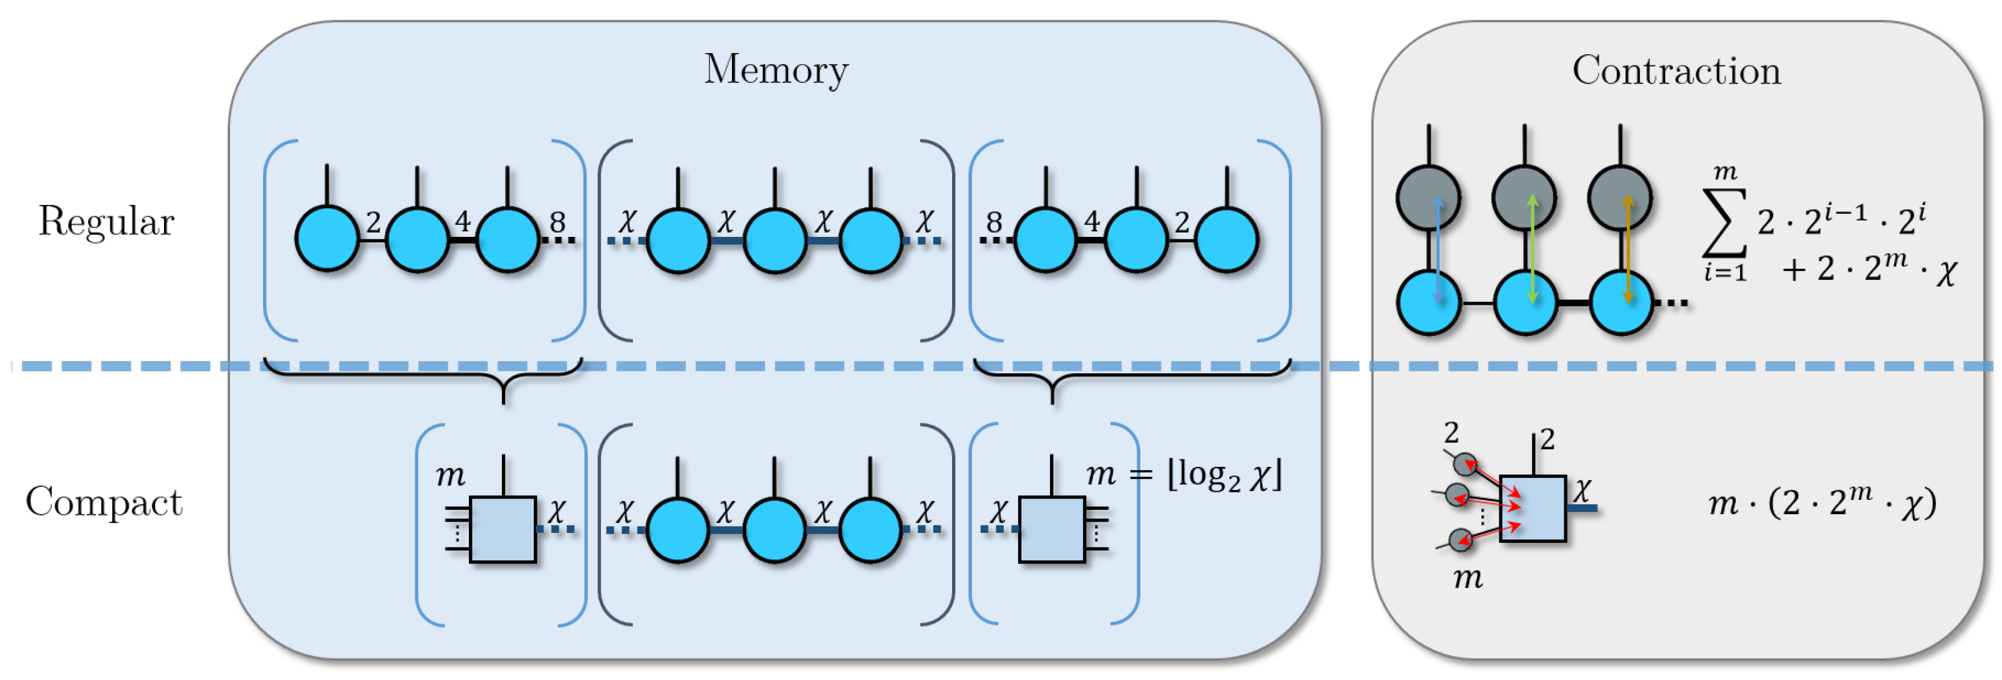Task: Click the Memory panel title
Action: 776,70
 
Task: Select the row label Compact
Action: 103,502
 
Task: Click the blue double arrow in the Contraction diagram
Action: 1437,249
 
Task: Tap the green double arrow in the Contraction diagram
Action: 1532,249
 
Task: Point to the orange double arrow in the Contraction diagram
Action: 1627,249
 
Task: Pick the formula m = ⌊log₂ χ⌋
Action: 1183,474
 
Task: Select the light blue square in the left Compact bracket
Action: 503,529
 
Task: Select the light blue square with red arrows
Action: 1533,508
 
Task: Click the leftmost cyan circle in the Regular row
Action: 327,239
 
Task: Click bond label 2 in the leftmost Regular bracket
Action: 373,223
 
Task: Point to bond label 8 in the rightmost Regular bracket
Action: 993,223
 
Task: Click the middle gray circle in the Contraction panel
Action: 1524,198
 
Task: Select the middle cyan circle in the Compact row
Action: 774,530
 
